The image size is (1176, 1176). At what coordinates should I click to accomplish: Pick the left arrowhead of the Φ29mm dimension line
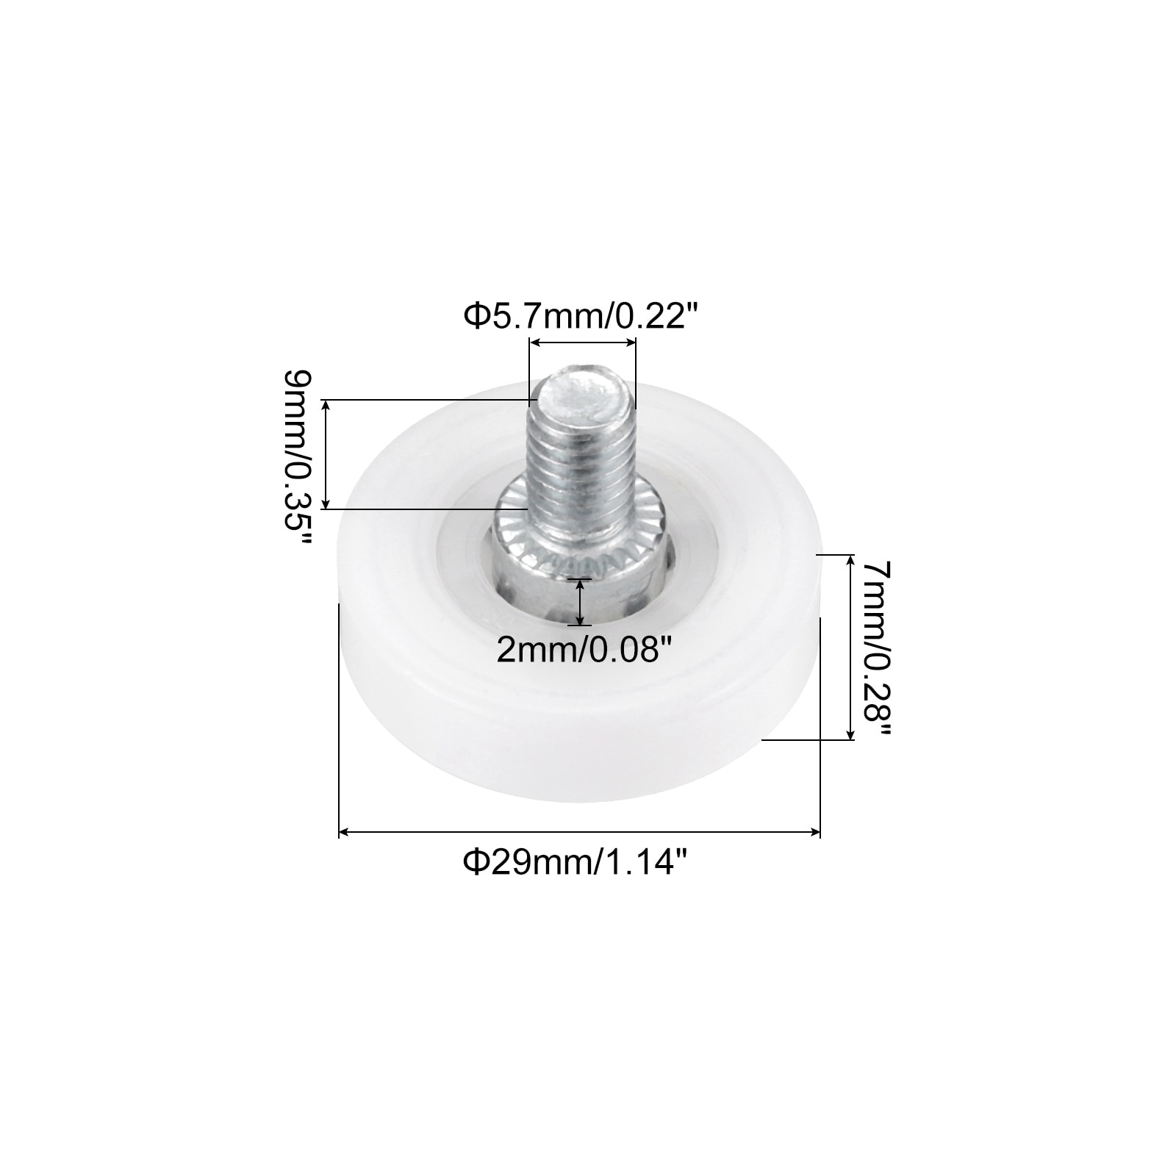tap(344, 832)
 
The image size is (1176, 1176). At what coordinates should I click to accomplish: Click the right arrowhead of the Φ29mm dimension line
tap(814, 832)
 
